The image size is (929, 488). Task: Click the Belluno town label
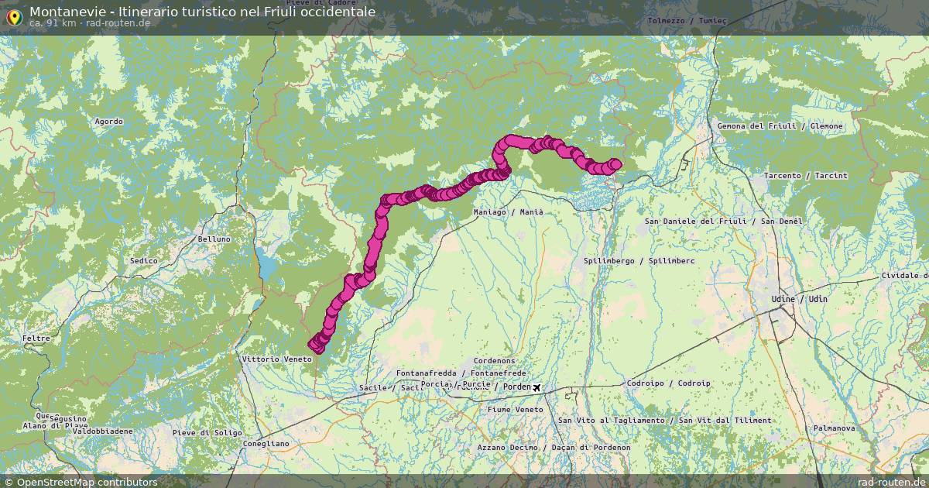(x=214, y=239)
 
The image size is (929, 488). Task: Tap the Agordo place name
(x=108, y=122)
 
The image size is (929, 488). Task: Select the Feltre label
(x=36, y=339)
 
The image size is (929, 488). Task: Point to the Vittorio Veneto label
(x=276, y=359)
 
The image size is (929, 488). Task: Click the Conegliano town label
(x=266, y=444)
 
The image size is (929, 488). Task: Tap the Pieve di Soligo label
(x=207, y=433)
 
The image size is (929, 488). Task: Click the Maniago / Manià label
(x=508, y=212)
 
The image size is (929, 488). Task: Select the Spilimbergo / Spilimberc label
(x=639, y=261)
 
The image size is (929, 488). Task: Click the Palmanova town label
(x=834, y=428)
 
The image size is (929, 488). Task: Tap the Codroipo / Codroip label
(x=668, y=383)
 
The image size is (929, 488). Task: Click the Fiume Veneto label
(x=515, y=409)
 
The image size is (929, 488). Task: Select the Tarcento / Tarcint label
(x=805, y=176)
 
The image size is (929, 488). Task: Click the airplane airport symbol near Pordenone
(x=536, y=387)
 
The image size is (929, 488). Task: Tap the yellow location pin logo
(x=13, y=16)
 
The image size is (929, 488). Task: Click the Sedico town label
(x=143, y=261)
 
